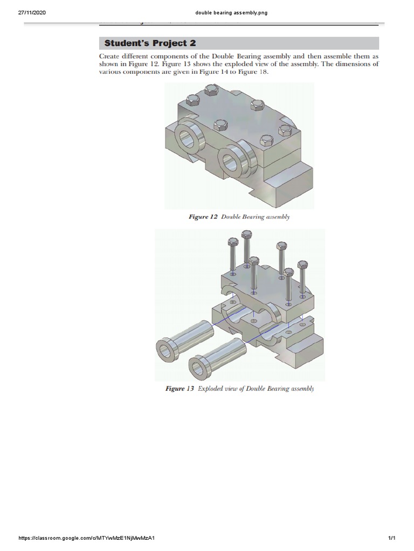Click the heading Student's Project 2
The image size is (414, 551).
pos(150,43)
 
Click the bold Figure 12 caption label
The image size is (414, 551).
pos(202,217)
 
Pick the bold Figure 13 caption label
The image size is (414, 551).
pos(179,388)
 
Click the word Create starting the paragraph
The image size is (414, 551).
pos(111,56)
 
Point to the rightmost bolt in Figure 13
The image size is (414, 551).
pos(302,280)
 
